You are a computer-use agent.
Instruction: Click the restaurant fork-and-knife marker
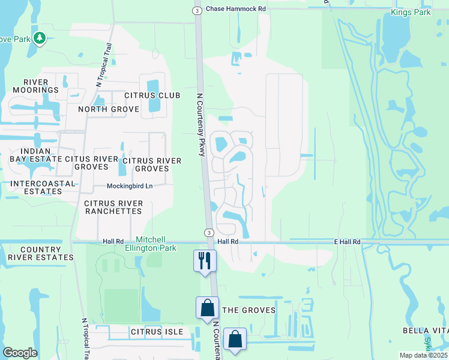pos(205,260)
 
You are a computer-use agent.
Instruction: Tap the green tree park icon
pos(40,38)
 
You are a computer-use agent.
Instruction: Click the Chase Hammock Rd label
pos(235,9)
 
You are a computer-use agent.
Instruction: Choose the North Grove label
pos(108,109)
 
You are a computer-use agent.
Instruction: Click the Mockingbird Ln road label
pos(130,186)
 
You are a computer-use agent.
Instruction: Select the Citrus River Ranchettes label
pos(113,208)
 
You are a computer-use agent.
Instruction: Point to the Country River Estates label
pos(40,253)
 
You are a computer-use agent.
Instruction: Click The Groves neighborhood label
pos(249,310)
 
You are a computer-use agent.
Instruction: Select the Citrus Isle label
pos(155,331)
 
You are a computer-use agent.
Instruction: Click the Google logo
pos(20,353)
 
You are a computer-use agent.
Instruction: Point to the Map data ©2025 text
pos(423,355)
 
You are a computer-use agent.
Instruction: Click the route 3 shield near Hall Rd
pos(208,232)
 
